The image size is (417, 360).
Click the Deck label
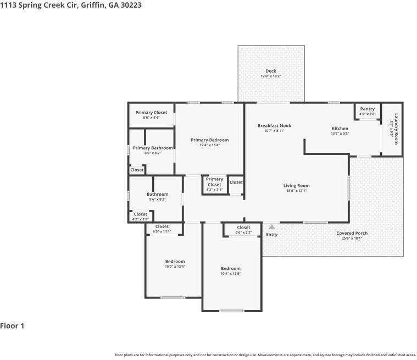(271, 71)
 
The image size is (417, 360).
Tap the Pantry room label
(367, 109)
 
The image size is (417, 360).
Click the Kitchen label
(340, 128)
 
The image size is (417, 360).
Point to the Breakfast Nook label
(274, 125)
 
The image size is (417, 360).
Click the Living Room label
(296, 186)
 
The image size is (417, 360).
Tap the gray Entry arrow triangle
(271, 226)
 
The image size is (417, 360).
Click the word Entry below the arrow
(271, 235)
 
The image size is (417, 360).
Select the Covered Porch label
(352, 233)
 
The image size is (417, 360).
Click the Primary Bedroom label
(209, 140)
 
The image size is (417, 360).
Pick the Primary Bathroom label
(153, 148)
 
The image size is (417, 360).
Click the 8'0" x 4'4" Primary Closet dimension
(151, 118)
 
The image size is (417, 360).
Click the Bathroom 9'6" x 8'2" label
(157, 194)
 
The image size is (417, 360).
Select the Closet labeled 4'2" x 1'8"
(140, 214)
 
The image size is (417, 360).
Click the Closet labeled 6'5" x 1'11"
(162, 226)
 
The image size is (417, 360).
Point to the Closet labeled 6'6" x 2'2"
(243, 228)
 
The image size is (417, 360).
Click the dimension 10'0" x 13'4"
(175, 267)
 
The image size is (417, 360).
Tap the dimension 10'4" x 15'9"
(230, 274)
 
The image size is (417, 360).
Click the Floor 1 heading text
(12, 326)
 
